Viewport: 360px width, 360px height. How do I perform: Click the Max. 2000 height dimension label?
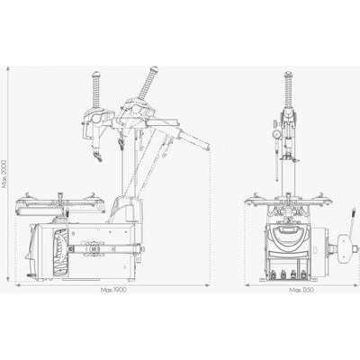point(4,174)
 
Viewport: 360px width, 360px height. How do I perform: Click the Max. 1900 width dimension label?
point(113,290)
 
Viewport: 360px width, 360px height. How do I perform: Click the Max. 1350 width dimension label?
point(301,290)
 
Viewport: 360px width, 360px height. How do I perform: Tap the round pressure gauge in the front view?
point(276,133)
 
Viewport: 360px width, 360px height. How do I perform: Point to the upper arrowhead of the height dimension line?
point(9,69)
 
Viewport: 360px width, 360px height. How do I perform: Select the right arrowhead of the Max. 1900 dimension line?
point(207,285)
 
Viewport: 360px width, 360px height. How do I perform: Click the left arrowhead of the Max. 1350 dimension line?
point(247,285)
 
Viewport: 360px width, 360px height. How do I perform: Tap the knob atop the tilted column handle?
point(155,69)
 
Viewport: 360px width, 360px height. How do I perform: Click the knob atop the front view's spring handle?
point(288,74)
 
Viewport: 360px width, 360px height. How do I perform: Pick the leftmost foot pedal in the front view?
point(274,274)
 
